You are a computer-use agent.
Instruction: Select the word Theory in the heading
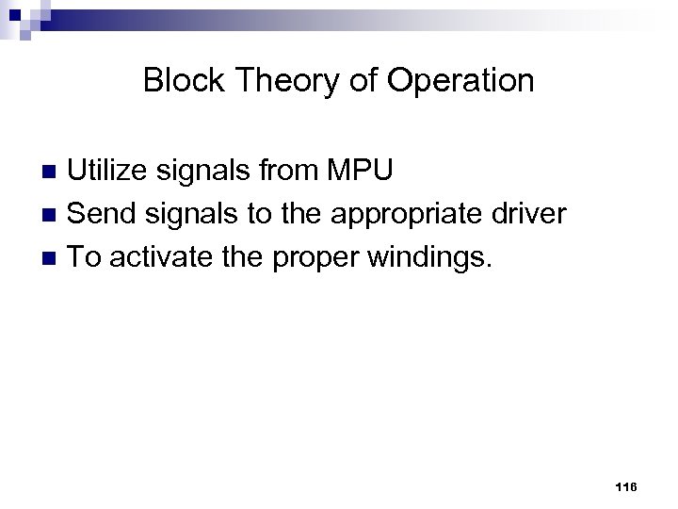pyautogui.click(x=269, y=82)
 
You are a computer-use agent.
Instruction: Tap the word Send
pyautogui.click(x=97, y=215)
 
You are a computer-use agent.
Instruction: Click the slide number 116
pyautogui.click(x=624, y=486)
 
